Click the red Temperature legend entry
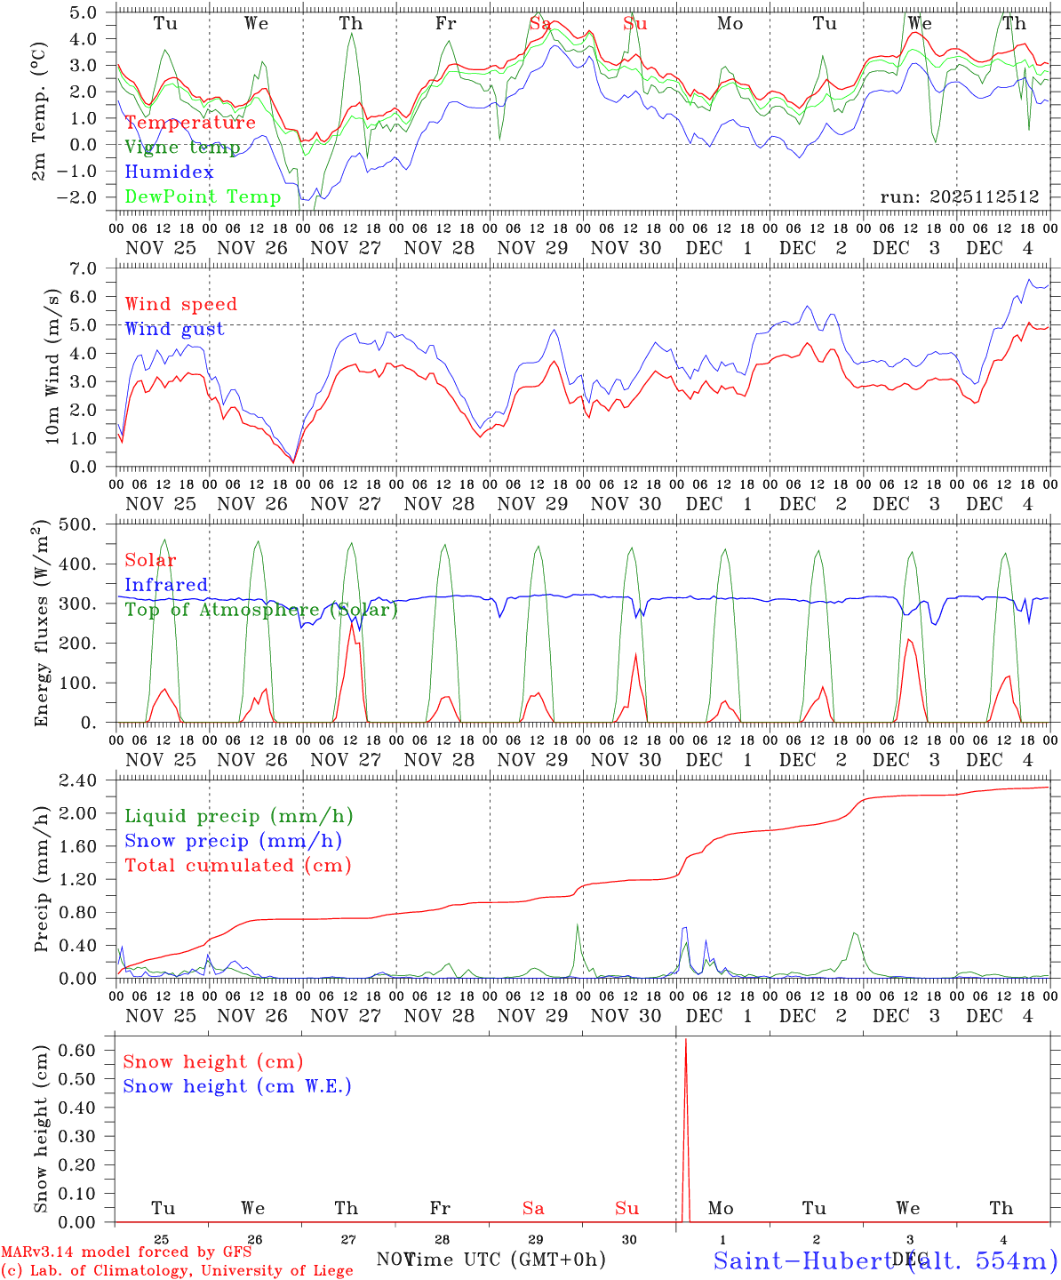(190, 123)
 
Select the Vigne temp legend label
(182, 148)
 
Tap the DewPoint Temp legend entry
(203, 196)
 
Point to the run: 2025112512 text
(959, 197)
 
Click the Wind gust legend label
(174, 329)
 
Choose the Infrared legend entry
(166, 585)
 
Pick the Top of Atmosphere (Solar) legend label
(260, 610)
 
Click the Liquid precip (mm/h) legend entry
(238, 816)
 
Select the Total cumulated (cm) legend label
(237, 865)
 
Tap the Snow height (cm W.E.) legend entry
(236, 1086)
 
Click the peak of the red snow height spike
(685, 1039)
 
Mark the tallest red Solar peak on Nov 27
(352, 620)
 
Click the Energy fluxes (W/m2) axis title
(41, 624)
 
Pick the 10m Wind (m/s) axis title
(52, 366)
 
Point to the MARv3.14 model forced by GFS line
(126, 1252)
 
